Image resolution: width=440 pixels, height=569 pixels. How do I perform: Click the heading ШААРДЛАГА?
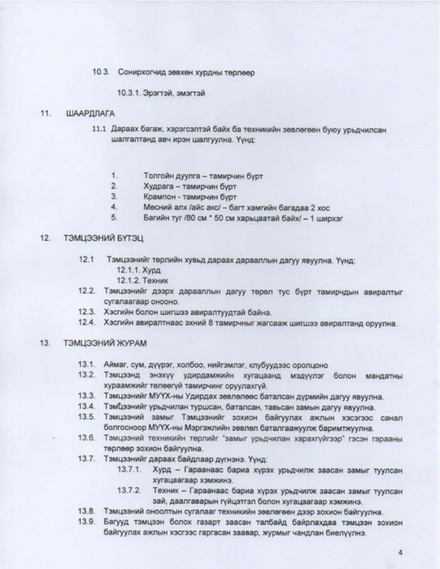(x=90, y=114)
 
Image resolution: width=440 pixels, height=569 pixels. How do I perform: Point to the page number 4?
(x=400, y=551)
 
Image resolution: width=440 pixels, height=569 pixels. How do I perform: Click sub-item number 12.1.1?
(x=128, y=271)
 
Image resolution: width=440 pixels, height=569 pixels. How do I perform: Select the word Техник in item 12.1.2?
(x=159, y=281)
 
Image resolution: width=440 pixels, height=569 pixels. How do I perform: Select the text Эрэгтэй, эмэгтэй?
(x=161, y=93)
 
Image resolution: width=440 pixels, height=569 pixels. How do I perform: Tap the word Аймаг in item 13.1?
(x=116, y=364)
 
